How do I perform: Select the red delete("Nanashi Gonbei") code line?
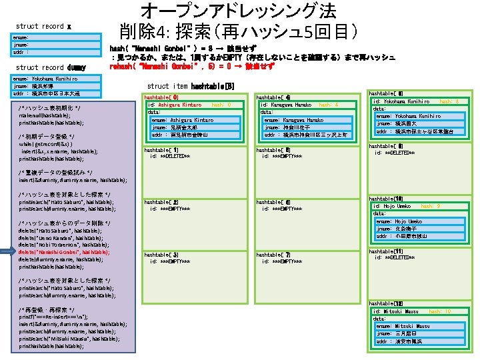(63, 252)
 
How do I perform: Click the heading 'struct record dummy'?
(45, 67)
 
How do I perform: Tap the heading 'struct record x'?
(43, 26)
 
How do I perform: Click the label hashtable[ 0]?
(161, 97)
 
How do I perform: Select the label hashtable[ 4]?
(273, 97)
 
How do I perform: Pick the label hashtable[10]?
(385, 199)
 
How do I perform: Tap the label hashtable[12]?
(385, 303)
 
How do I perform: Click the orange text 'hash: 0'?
(221, 105)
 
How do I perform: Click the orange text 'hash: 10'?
(441, 311)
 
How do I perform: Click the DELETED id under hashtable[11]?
(397, 257)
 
